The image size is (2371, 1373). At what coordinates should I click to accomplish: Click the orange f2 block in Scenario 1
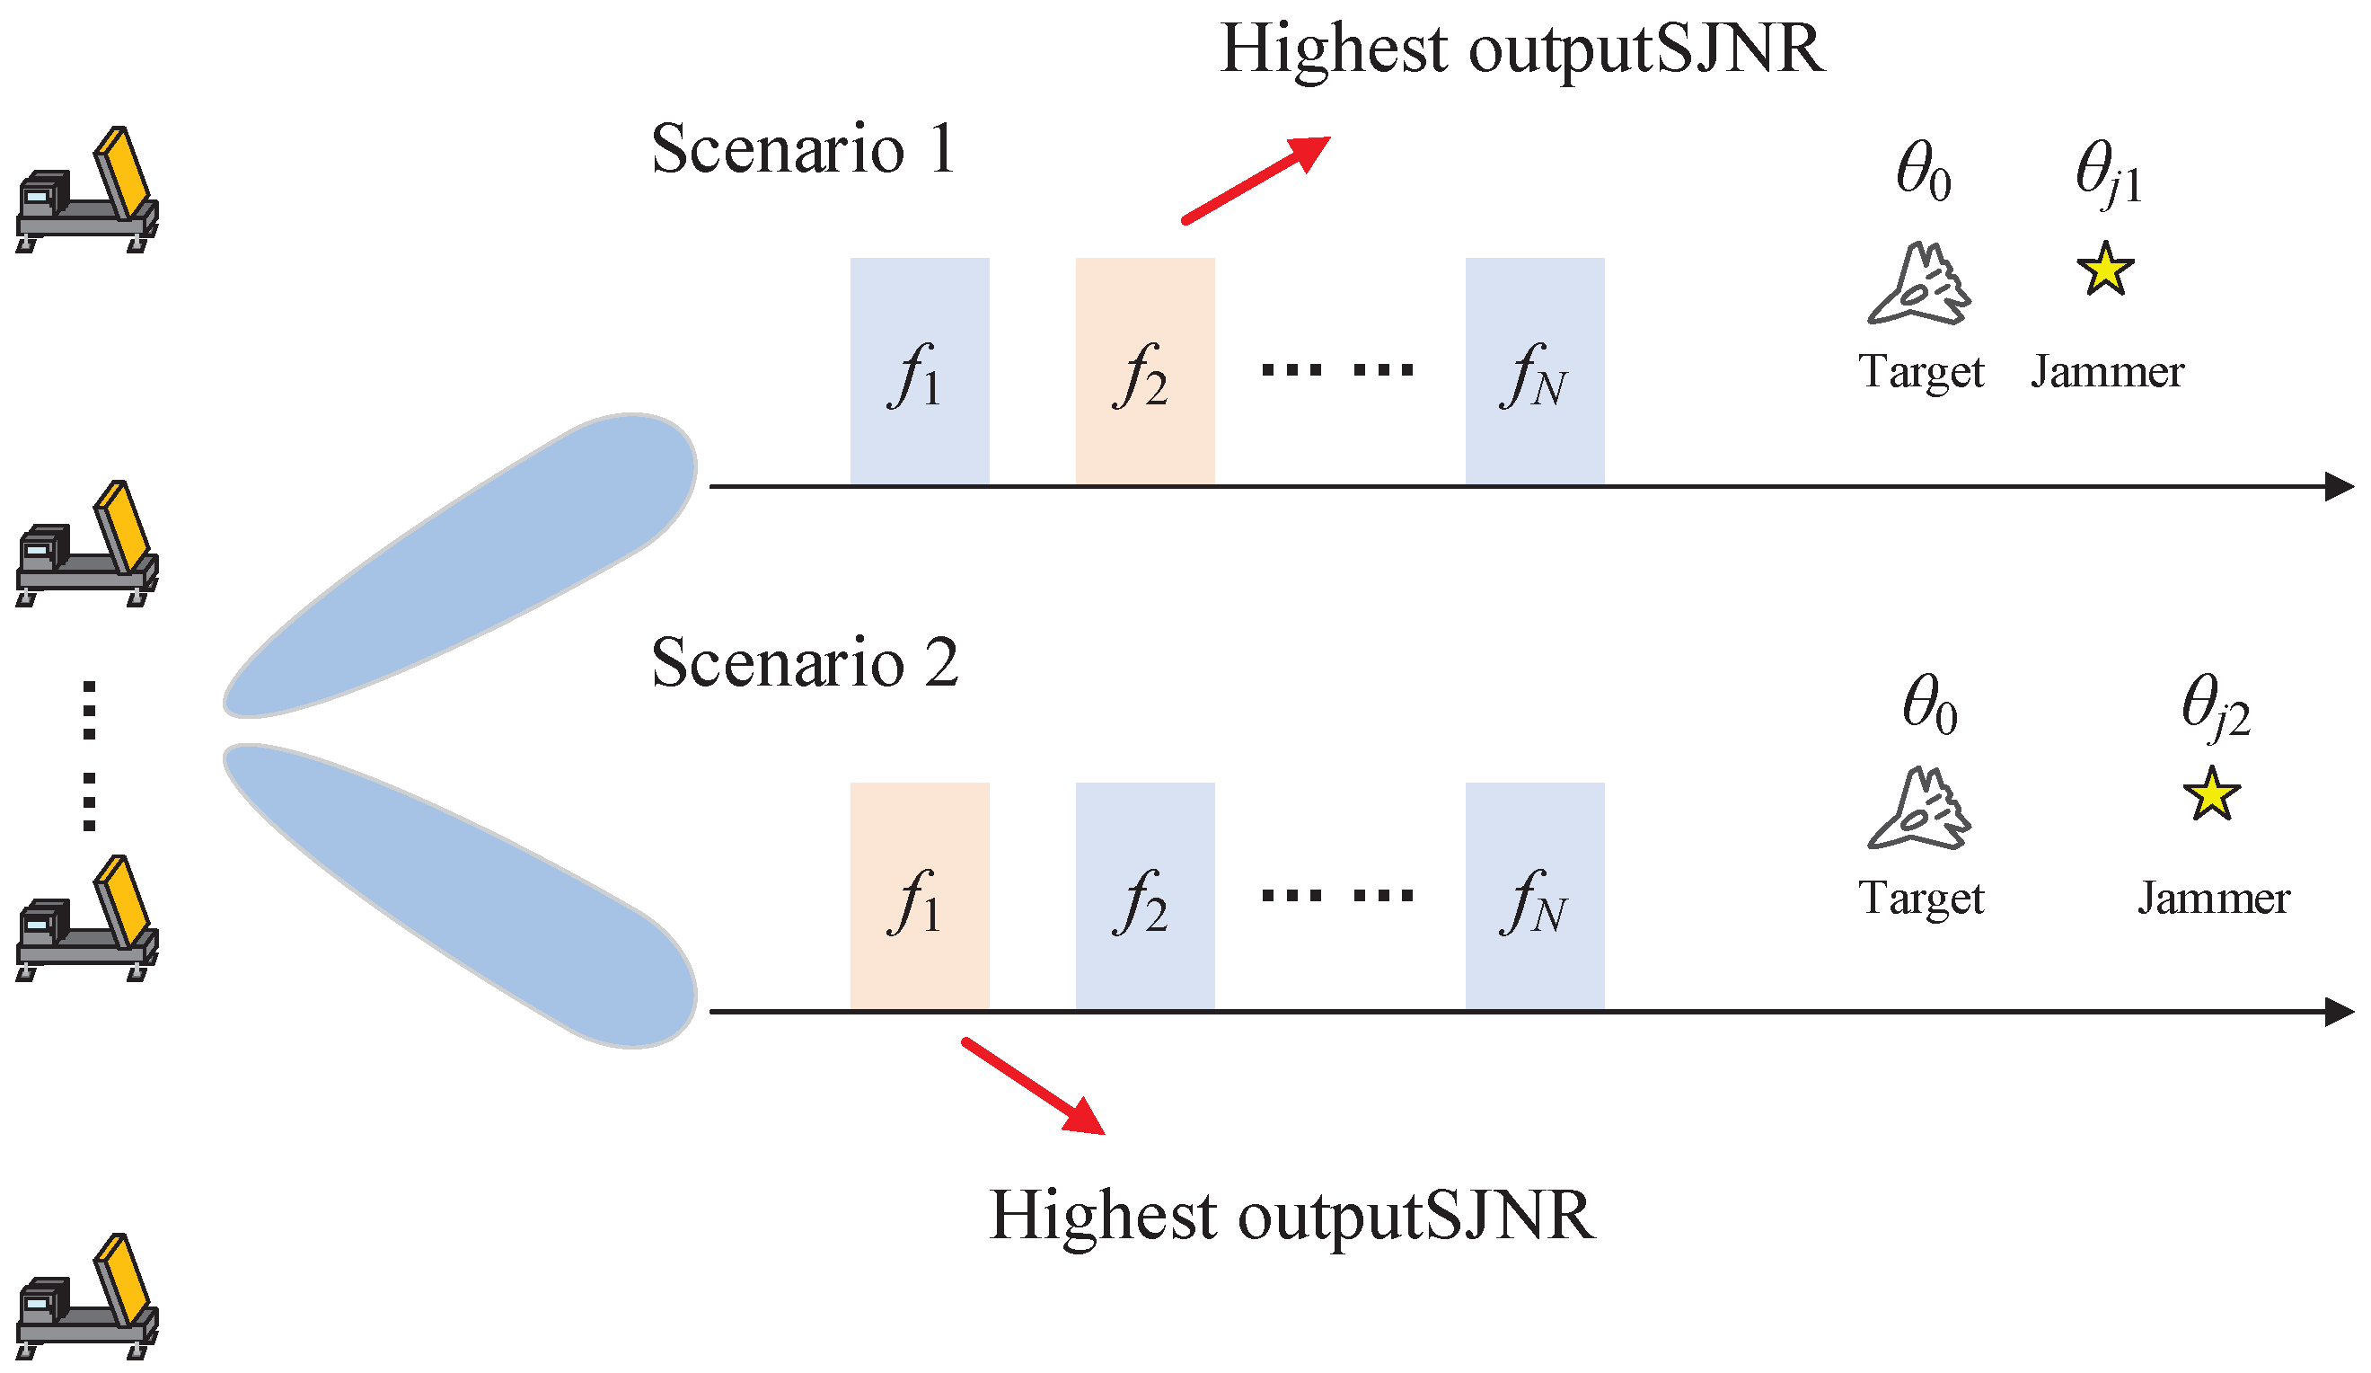coord(1145,372)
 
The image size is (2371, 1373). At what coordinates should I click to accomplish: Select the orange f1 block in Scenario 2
coord(920,896)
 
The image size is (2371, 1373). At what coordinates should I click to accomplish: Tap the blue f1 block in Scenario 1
coord(920,372)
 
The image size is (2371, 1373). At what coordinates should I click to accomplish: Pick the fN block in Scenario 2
coord(1535,896)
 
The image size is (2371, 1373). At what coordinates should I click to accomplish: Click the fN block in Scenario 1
coord(1535,372)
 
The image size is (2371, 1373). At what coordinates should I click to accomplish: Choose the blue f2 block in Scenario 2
coord(1145,896)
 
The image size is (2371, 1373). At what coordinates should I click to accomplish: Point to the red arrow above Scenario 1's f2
coord(1256,180)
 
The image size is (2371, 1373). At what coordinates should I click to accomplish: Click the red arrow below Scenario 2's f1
coord(1032,1086)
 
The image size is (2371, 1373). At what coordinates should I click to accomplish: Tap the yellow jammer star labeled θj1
coord(2105,270)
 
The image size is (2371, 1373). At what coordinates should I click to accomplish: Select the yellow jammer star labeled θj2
coord(2211,794)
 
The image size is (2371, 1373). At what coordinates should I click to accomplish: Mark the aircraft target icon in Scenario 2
coord(1919,811)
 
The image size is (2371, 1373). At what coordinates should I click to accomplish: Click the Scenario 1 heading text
coord(803,150)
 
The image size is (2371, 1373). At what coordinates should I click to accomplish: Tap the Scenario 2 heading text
coord(805,662)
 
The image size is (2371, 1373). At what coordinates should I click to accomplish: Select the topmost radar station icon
coord(86,193)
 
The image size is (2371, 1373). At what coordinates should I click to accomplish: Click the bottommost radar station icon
coord(86,1298)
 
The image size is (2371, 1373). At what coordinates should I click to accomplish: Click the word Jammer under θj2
coord(2213,898)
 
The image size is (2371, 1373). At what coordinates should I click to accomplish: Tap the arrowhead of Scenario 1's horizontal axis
coord(2337,486)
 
